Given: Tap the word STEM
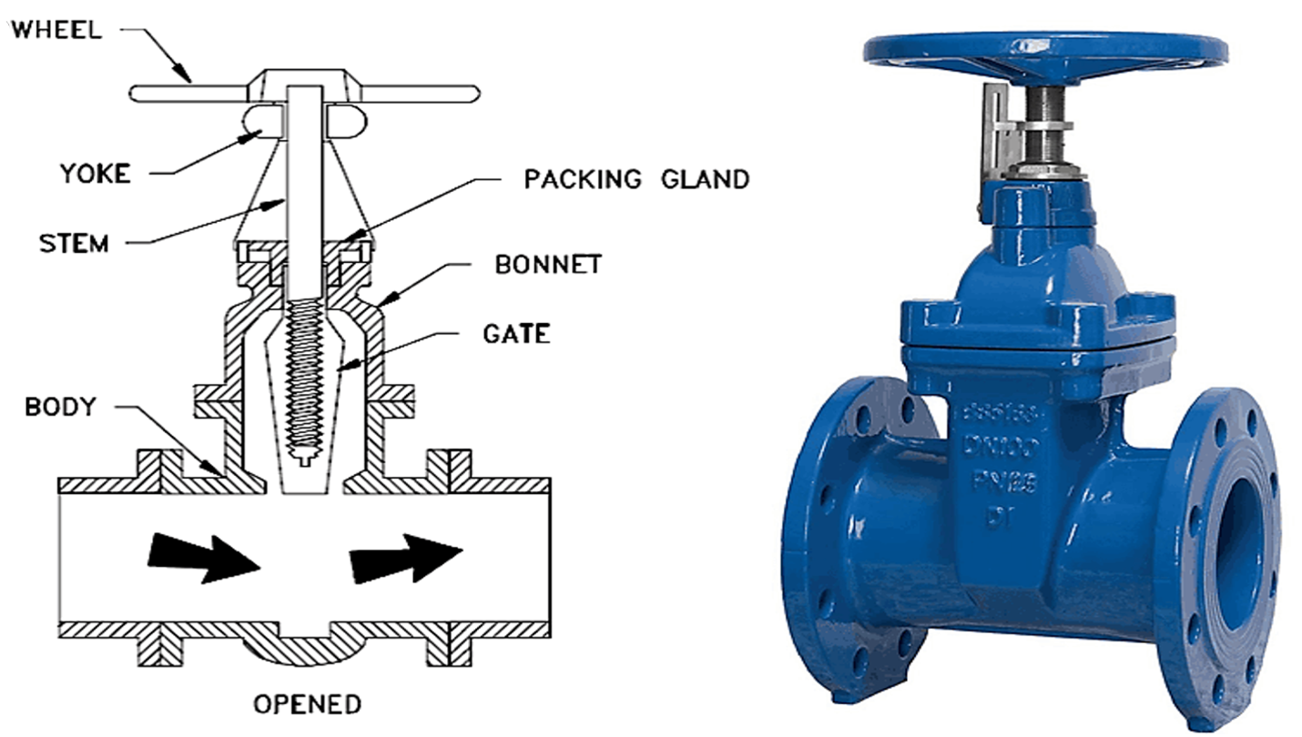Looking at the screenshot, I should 74,244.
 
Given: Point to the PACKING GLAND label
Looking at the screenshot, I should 636,178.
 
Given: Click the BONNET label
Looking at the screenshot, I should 548,265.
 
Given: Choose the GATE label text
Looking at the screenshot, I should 515,334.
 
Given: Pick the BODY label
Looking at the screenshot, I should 60,407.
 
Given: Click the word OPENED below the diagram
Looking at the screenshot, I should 307,704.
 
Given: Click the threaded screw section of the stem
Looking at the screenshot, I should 304,382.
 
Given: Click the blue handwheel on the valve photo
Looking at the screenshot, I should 1045,50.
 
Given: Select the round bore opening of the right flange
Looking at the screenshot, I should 1242,554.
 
